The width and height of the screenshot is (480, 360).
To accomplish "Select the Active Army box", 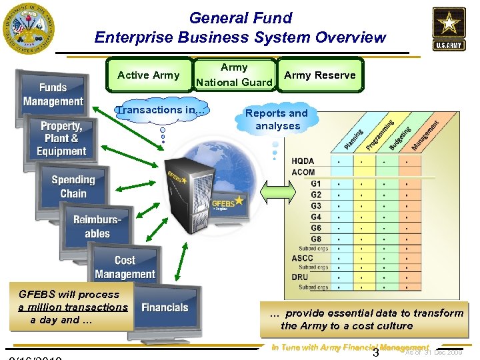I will click(x=148, y=75).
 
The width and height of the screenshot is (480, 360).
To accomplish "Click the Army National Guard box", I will click(x=234, y=75).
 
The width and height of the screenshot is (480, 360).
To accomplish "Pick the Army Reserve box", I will click(x=320, y=75).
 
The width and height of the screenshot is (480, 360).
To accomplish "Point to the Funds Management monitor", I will click(x=53, y=95).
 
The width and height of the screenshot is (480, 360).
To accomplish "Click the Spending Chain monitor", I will click(x=73, y=187).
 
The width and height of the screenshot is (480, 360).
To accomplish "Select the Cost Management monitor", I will click(x=125, y=267).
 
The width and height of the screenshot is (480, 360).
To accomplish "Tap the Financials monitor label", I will click(x=165, y=307).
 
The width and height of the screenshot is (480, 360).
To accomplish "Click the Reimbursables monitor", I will click(x=97, y=227).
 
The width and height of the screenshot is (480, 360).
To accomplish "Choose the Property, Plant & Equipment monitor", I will click(x=61, y=139).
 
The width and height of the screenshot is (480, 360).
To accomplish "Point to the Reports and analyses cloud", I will click(x=277, y=119).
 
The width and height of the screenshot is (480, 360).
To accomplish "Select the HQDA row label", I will click(x=303, y=161).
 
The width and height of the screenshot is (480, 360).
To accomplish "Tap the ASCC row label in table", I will click(x=303, y=258).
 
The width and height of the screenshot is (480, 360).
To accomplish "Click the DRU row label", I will click(x=301, y=277).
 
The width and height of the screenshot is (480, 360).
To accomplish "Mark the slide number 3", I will click(x=375, y=353).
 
